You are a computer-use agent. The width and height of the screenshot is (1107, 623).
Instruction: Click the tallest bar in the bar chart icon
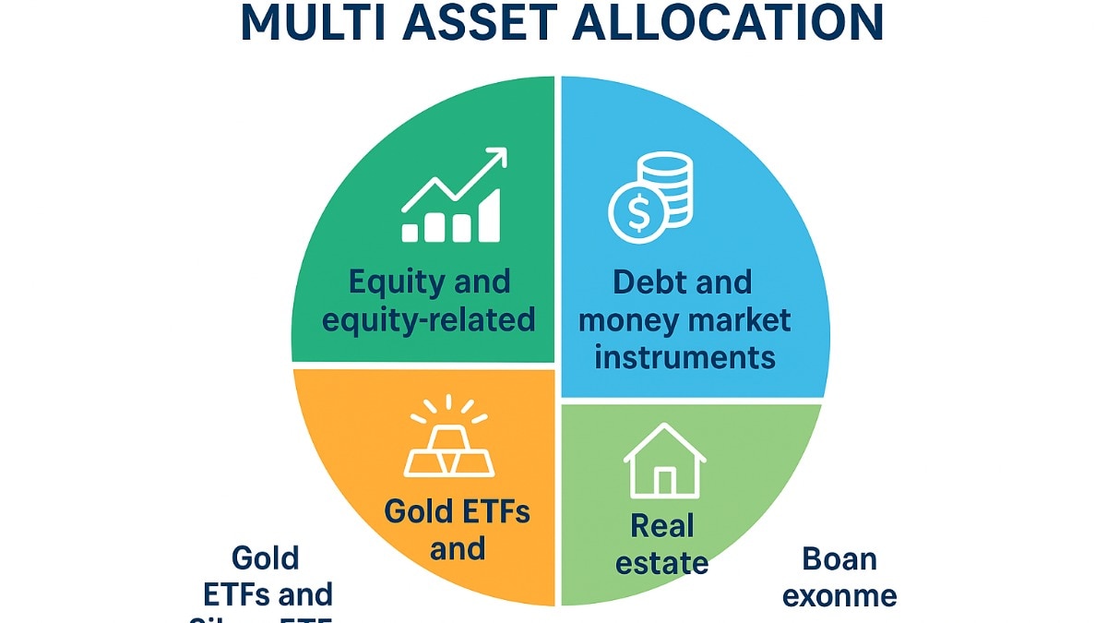click(x=488, y=215)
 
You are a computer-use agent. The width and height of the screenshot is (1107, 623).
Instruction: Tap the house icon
click(x=664, y=461)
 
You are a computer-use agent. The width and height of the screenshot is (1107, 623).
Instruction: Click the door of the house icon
click(x=664, y=481)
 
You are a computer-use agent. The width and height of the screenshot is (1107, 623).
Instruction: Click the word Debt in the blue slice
click(x=651, y=282)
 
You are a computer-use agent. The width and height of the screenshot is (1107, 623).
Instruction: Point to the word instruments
click(x=684, y=356)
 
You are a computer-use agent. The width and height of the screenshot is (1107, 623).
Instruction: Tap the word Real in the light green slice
click(x=662, y=526)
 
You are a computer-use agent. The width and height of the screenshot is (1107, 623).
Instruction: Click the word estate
click(x=663, y=562)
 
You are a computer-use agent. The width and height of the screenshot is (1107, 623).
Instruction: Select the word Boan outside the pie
click(x=839, y=558)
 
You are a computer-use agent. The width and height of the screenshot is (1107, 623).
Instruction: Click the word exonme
click(x=839, y=595)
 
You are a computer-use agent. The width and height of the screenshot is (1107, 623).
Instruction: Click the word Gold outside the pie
click(x=266, y=557)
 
